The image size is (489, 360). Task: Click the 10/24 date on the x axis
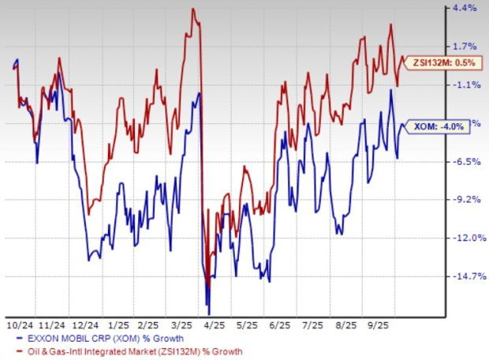20,324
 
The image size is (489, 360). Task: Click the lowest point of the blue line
208,313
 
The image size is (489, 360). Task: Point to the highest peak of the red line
192,9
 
